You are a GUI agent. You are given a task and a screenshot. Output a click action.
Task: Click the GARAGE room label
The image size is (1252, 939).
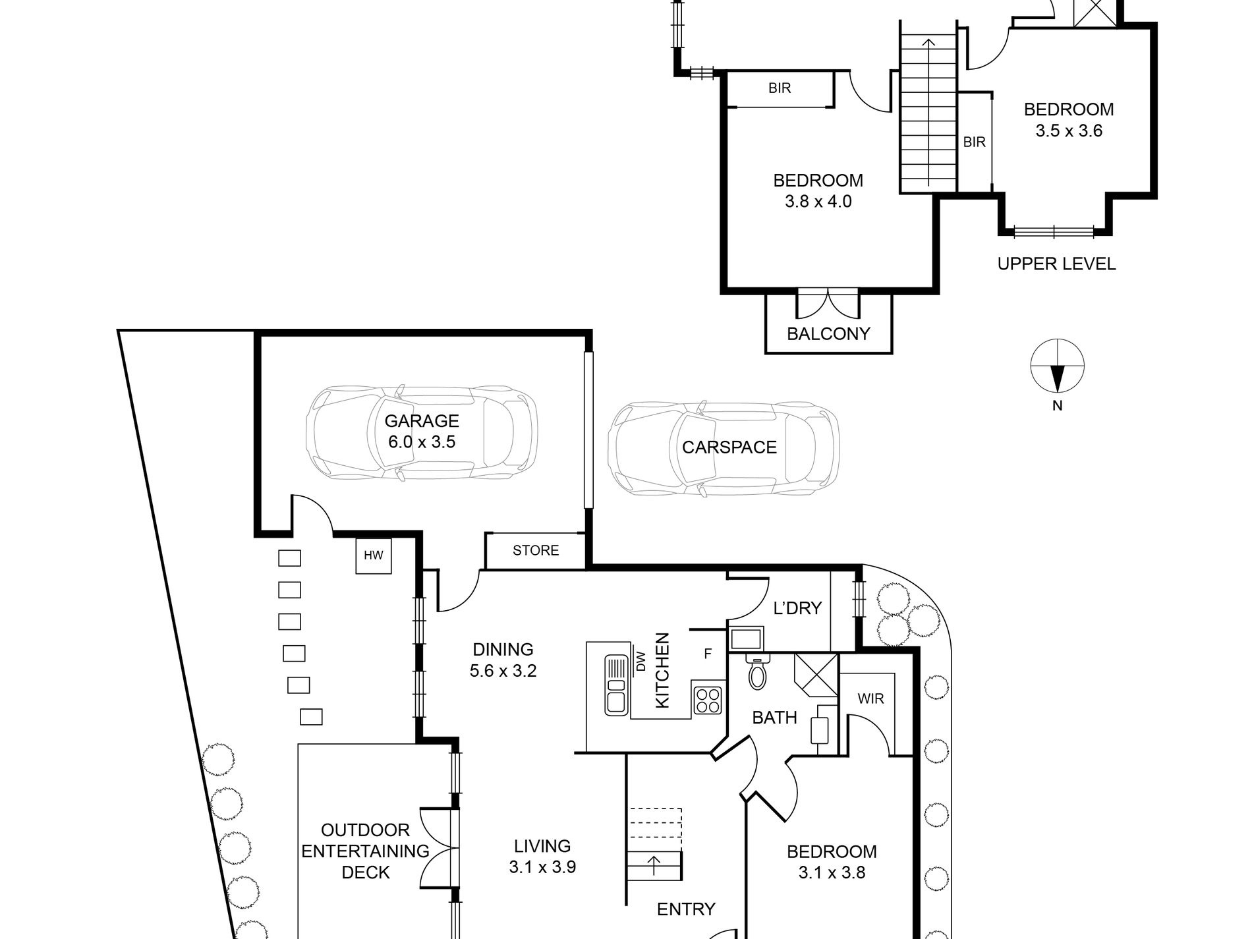(x=422, y=421)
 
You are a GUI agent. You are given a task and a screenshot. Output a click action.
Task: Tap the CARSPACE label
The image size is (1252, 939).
(x=729, y=447)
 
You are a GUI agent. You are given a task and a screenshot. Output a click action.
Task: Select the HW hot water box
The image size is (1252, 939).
(x=374, y=555)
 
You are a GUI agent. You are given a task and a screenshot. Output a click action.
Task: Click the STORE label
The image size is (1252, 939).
(x=536, y=550)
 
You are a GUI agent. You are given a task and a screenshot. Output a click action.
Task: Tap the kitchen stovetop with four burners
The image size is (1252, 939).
(x=707, y=700)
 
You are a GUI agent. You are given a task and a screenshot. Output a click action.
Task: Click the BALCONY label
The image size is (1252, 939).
(x=828, y=333)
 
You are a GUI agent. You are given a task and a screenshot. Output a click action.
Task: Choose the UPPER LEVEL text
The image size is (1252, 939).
(x=1056, y=264)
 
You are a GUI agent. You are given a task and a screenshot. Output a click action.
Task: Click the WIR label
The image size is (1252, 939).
(x=870, y=698)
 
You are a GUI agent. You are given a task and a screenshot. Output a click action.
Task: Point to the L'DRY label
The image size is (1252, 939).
(x=797, y=608)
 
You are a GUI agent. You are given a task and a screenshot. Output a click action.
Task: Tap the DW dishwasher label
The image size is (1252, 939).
(x=640, y=661)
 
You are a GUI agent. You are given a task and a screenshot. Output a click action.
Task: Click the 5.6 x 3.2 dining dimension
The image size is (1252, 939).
(x=503, y=671)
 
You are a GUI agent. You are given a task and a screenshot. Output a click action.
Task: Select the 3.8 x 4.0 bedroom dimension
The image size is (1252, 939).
(x=818, y=202)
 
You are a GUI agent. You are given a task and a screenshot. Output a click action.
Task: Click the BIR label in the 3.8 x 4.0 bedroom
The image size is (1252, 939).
(x=780, y=88)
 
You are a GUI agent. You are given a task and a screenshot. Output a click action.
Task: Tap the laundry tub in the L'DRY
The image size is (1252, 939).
(x=747, y=639)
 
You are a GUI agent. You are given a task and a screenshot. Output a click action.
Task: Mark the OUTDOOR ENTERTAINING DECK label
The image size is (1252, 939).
(x=366, y=851)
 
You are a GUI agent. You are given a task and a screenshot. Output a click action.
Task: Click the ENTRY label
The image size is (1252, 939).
(x=686, y=910)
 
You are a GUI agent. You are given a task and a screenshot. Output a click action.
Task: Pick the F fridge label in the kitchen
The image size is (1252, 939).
(x=708, y=654)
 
